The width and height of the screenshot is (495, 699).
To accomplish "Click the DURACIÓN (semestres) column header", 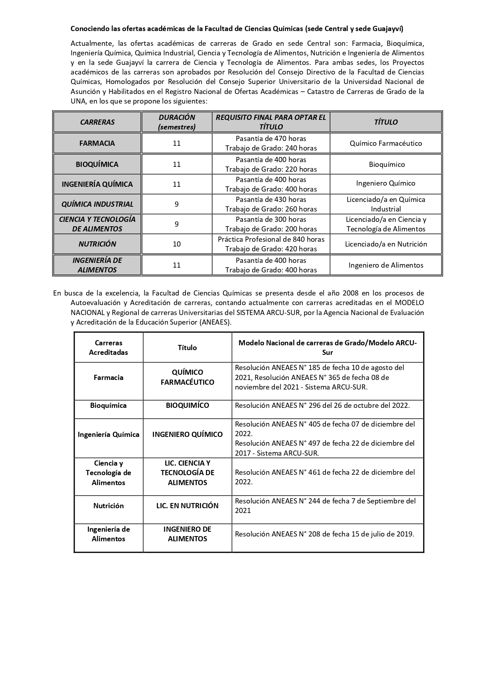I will click(x=177, y=122).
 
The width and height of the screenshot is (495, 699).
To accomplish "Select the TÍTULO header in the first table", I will click(x=386, y=122).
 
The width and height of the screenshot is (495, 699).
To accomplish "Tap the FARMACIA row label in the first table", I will click(x=97, y=143).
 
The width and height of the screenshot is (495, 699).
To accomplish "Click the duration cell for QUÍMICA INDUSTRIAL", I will click(x=177, y=204).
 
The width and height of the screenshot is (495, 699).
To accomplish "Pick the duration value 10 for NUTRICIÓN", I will click(x=177, y=244).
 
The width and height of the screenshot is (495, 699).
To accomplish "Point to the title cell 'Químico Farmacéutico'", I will click(x=386, y=143).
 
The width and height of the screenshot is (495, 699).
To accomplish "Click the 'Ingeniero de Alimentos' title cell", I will click(x=386, y=265).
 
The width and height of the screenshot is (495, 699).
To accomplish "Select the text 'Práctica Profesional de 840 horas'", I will click(x=271, y=239).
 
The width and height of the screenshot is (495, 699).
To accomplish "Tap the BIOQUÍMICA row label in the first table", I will click(x=97, y=164).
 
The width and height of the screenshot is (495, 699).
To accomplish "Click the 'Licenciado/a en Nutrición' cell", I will click(x=386, y=244).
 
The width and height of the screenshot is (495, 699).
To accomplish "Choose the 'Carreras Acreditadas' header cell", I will click(x=108, y=347).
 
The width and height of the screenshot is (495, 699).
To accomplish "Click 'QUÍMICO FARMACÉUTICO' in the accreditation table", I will click(x=187, y=377).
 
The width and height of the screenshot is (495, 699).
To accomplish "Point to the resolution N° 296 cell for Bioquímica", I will click(x=322, y=405).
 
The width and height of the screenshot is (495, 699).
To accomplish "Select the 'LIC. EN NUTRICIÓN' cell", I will click(x=187, y=506).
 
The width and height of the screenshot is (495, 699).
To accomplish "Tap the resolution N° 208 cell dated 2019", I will click(x=324, y=534).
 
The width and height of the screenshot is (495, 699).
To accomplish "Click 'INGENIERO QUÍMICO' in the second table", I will click(x=187, y=434).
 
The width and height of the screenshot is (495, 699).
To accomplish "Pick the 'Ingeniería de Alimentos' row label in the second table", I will click(x=108, y=534).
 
